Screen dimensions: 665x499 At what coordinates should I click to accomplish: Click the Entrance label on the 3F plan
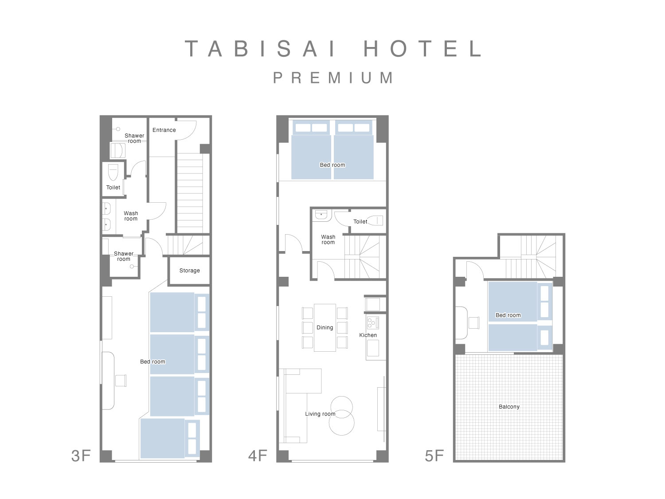click(164, 130)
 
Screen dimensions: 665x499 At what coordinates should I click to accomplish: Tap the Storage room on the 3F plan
click(189, 271)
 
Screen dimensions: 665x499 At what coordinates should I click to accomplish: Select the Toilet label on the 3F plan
click(113, 188)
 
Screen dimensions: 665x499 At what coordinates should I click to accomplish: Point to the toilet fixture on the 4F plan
click(375, 220)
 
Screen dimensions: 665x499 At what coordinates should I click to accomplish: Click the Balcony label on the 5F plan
click(509, 407)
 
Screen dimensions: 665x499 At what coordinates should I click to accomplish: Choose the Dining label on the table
click(325, 327)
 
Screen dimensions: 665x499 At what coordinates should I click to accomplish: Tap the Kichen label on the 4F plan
click(368, 335)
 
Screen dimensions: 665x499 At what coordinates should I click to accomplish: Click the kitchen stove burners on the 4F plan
click(372, 322)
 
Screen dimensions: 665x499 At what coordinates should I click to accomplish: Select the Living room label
click(320, 414)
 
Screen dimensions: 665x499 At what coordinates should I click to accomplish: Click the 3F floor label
click(81, 456)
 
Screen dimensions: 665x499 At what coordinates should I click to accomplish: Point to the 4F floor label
click(258, 456)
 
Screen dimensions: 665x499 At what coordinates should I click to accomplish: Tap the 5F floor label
click(434, 456)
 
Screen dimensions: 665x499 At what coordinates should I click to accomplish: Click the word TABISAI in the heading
click(260, 48)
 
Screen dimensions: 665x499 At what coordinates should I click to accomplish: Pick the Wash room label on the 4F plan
click(328, 240)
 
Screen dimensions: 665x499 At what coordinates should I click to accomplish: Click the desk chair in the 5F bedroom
click(474, 323)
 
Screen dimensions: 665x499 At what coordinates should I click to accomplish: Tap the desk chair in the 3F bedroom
click(121, 381)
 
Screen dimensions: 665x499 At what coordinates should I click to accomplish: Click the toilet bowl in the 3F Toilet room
click(113, 172)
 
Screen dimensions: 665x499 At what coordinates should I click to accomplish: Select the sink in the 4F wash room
click(321, 215)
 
